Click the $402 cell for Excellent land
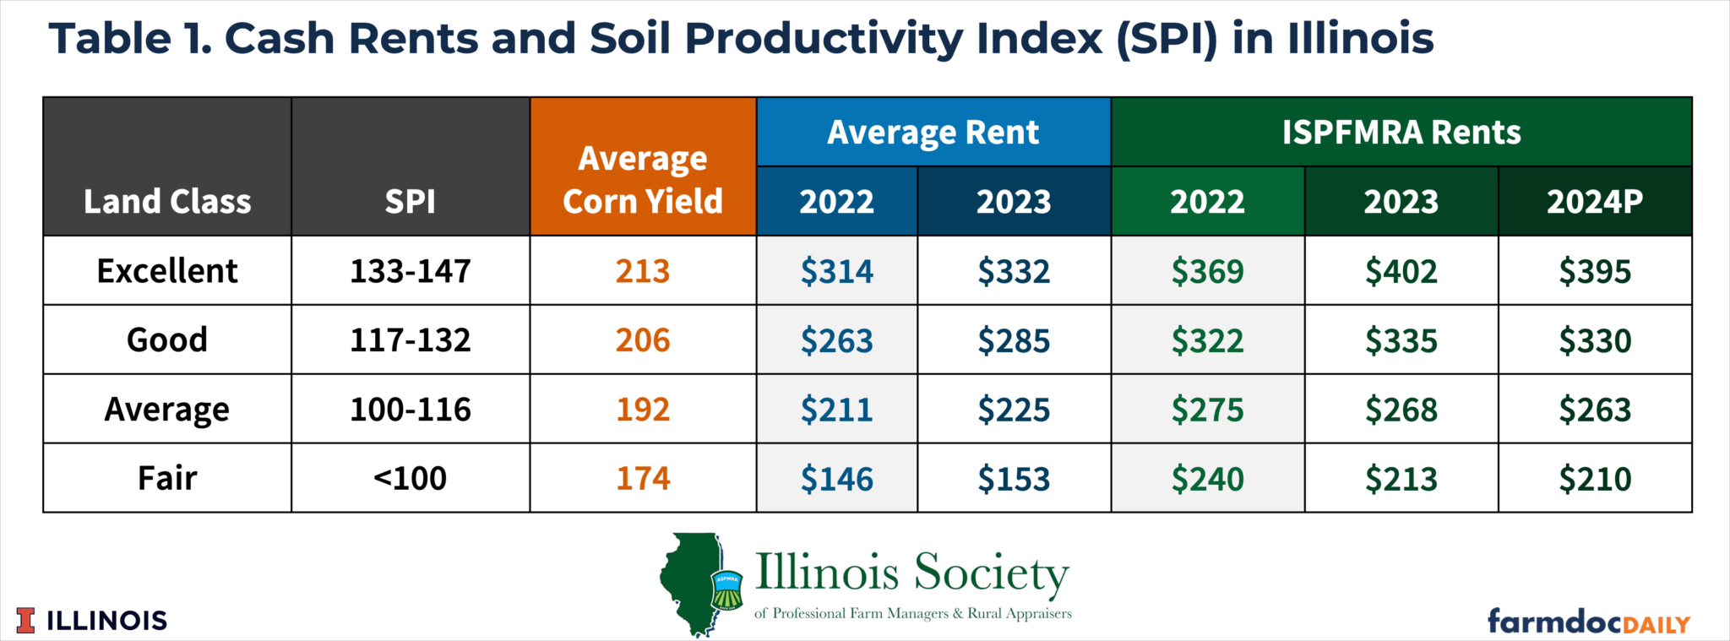1401,271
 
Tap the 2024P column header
1594,202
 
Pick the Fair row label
167,478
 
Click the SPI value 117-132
411,340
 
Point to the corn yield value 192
642,410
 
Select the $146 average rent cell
836,479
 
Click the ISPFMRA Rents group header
1401,133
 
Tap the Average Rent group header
933,133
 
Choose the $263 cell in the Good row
836,340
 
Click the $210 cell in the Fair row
1594,479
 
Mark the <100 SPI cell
411,479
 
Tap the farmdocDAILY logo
1588,622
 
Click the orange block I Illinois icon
26,621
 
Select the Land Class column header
167,202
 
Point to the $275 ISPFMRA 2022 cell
1207,410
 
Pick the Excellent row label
167,271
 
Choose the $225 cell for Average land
1014,410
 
